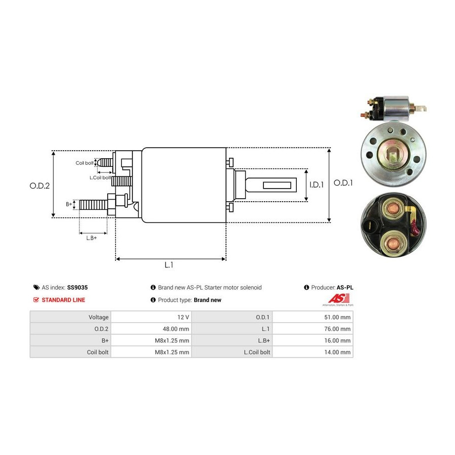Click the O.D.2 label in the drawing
(39, 186)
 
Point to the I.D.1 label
(316, 185)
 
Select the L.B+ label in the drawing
(92, 238)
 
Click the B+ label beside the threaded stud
(69, 204)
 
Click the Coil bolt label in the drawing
(84, 163)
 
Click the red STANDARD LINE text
(63, 300)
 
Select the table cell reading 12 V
(183, 317)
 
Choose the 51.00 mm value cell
(338, 317)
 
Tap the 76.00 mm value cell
(338, 329)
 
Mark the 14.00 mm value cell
(338, 352)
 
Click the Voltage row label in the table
(99, 317)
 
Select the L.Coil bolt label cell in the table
(256, 352)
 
